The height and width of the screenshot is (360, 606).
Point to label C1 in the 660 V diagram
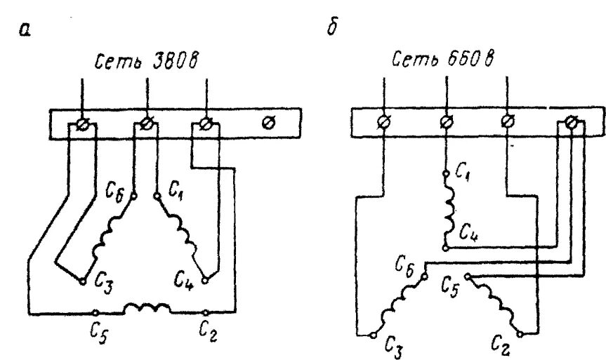click(x=461, y=170)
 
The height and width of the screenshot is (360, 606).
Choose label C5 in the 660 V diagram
click(x=452, y=287)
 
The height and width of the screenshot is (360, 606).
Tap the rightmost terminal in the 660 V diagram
click(x=571, y=124)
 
